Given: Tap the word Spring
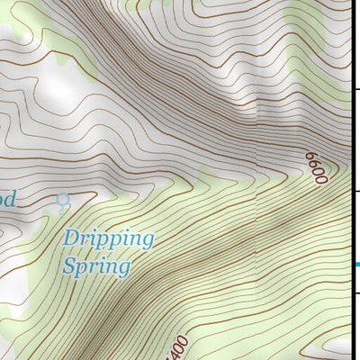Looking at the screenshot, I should (96, 266).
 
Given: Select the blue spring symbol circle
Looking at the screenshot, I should (62, 199).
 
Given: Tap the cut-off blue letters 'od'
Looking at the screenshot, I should (7, 199).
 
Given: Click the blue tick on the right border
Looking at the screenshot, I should (355, 264).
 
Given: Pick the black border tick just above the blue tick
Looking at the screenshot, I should (355, 192).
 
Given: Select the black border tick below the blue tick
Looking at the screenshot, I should (355, 292).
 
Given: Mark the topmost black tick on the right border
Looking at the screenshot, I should (355, 89).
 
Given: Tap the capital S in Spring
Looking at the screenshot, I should (70, 265).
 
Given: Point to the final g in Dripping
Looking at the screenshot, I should (148, 242).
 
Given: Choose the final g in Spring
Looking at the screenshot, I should (124, 269).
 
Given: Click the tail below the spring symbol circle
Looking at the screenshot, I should (62, 209).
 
